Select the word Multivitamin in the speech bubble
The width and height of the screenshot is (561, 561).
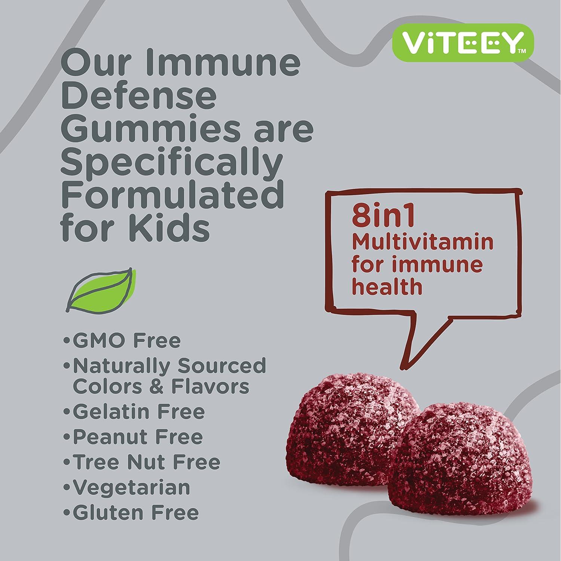(x=423, y=242)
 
